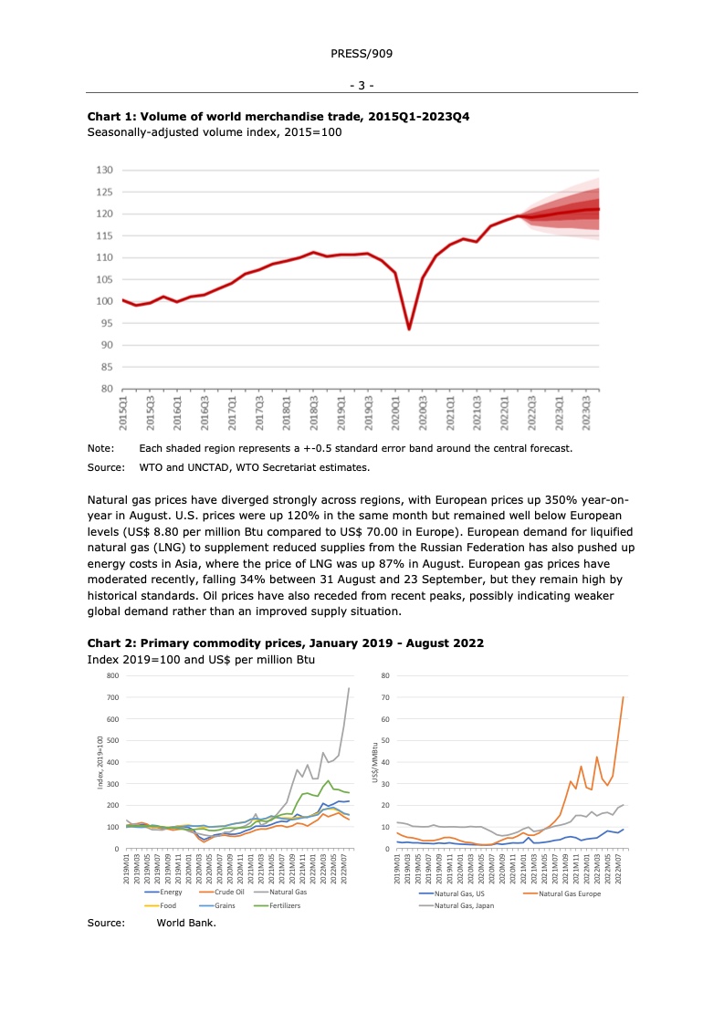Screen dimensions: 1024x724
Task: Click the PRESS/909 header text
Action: [x=362, y=54]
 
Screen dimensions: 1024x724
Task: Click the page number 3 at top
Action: [x=362, y=86]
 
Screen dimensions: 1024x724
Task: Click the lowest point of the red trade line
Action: [x=408, y=329]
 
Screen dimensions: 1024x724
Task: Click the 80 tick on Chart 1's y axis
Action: [x=106, y=389]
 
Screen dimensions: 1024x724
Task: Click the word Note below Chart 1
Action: [x=100, y=448]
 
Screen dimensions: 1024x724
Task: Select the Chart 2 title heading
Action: [x=285, y=643]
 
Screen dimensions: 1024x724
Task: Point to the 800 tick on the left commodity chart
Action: [x=112, y=675]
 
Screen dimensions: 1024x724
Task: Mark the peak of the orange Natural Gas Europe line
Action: [x=624, y=697]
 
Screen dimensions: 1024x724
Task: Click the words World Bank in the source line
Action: [x=186, y=923]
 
